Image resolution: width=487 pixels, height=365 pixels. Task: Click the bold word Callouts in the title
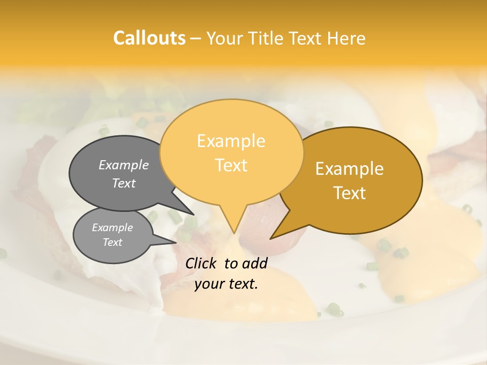coord(149,38)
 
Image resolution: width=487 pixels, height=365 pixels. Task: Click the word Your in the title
coord(225,38)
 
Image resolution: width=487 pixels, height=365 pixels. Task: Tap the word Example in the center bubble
coord(231,141)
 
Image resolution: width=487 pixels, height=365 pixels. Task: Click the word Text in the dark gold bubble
coord(350,193)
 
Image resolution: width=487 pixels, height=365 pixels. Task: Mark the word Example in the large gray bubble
coord(124,165)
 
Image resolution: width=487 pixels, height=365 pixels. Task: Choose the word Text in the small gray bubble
coord(113,242)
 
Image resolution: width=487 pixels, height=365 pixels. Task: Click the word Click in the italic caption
coord(201,263)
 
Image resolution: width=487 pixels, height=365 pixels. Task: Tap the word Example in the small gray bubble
coord(113,228)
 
